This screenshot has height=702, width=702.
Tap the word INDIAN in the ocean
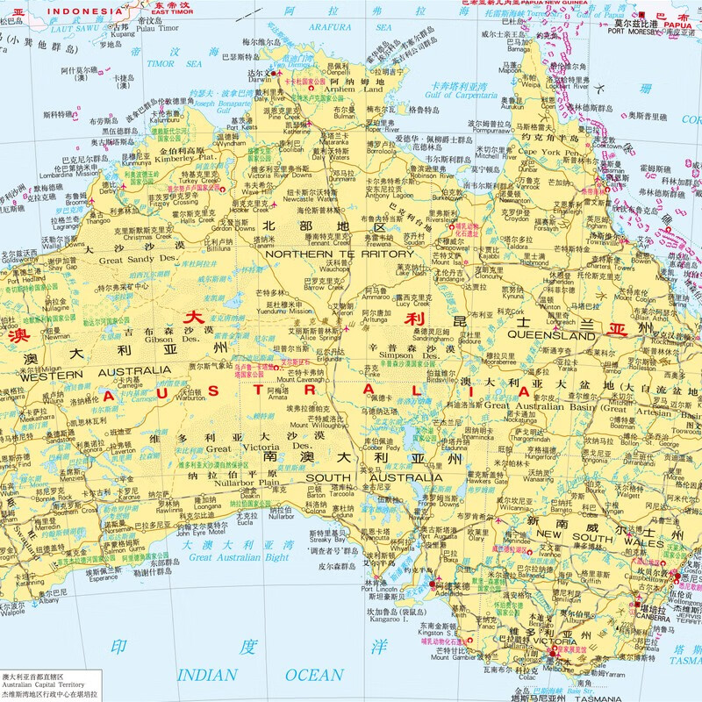click(207, 675)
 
